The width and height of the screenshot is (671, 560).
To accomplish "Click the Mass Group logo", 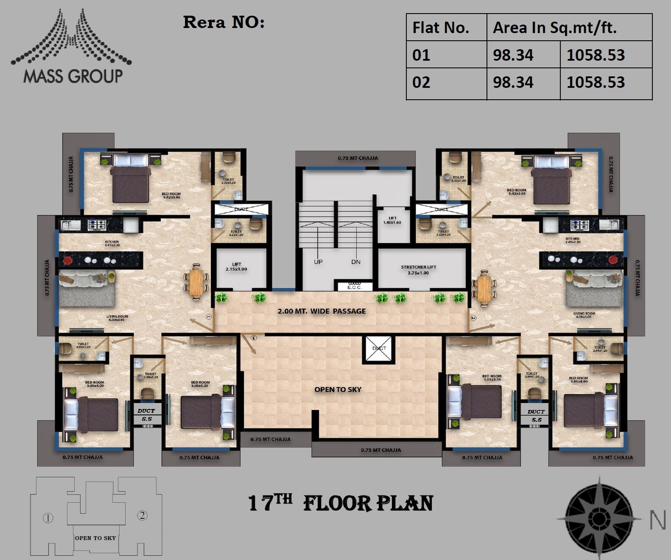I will tap(71, 47).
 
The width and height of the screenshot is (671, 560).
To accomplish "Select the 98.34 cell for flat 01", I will tap(513, 55).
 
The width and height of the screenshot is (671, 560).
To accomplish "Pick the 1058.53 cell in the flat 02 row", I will tap(596, 82).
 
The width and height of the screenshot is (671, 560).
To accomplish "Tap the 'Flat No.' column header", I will tap(441, 28).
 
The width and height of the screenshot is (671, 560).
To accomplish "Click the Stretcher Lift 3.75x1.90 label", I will tap(419, 270).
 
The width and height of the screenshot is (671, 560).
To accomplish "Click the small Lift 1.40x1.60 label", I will tap(392, 220).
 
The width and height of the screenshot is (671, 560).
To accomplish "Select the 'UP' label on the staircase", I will tap(318, 262).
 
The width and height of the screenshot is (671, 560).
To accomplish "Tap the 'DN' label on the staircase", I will tap(356, 262).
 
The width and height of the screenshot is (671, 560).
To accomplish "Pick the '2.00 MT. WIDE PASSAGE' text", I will tap(322, 311).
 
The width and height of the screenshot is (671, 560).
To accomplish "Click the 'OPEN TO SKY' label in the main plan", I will tap(338, 389).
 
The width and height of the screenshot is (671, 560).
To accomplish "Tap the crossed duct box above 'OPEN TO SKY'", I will tap(379, 349).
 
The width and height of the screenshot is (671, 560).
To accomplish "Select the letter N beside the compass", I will tap(658, 520).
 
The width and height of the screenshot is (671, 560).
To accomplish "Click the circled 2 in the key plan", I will tap(143, 515).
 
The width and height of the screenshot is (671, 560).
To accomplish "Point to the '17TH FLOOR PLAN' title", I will tap(341, 504).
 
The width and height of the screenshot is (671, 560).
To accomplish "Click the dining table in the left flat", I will tap(196, 282).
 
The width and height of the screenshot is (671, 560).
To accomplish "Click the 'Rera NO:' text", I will tap(224, 22).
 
